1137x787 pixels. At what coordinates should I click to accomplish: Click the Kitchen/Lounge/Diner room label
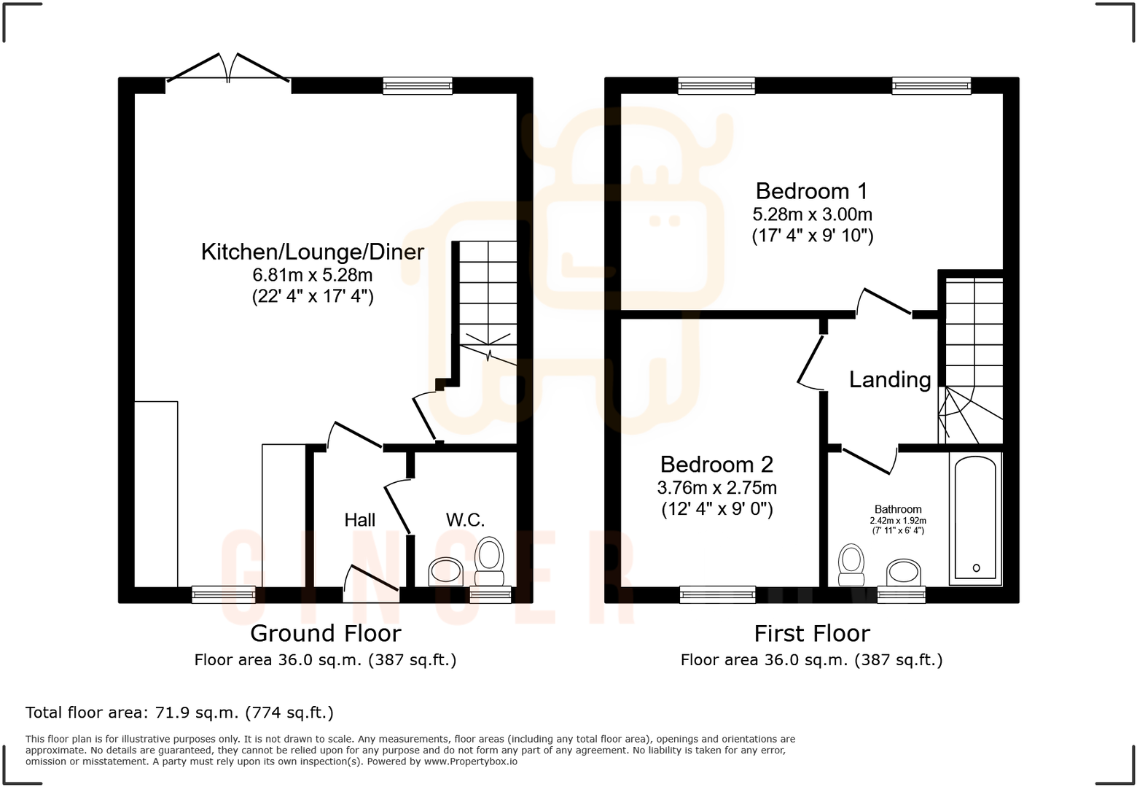tap(312, 252)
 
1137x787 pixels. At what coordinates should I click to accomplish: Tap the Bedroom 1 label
tap(811, 191)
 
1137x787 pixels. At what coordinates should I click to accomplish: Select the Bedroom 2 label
tap(716, 465)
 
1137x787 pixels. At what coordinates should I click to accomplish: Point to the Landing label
tap(889, 379)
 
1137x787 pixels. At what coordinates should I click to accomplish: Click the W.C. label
tap(465, 520)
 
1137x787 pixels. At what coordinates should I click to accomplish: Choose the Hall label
tap(359, 520)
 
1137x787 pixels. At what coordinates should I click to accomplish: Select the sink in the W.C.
tap(446, 571)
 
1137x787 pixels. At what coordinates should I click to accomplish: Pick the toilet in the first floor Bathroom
tap(851, 565)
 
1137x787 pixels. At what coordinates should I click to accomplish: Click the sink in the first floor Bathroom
tap(904, 571)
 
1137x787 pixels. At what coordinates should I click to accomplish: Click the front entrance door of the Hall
tap(372, 584)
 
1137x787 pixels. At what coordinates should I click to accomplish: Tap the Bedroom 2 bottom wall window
tap(717, 595)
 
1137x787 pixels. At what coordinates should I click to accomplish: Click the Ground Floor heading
tap(325, 633)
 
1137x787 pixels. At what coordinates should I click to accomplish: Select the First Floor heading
tap(811, 633)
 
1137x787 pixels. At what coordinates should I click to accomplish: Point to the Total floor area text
tap(179, 713)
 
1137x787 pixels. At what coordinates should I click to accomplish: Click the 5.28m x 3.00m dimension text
tap(812, 214)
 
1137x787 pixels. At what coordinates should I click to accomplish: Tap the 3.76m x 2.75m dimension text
tap(716, 487)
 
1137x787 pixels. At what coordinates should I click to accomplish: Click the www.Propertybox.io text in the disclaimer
tap(470, 761)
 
